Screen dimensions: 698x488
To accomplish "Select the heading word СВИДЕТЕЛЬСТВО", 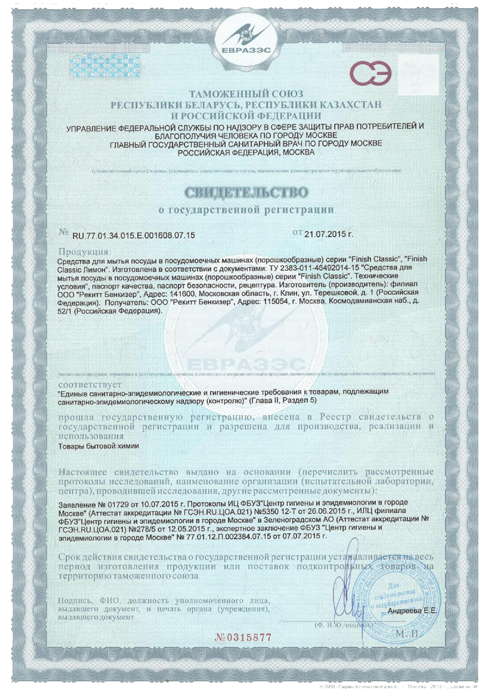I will tap(246, 192).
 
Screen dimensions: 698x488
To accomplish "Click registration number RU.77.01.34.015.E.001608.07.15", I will tap(134, 235).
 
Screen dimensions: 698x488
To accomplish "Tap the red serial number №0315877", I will tap(243, 637).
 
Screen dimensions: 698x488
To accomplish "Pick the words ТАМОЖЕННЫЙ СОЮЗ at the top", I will tap(246, 94).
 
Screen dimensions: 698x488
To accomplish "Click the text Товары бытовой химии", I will tap(99, 446).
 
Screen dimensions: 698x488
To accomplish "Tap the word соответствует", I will tap(90, 385).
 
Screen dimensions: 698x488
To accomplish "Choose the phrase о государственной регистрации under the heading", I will tap(246, 210).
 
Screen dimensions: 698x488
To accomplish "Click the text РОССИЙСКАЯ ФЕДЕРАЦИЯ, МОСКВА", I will tap(246, 152).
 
